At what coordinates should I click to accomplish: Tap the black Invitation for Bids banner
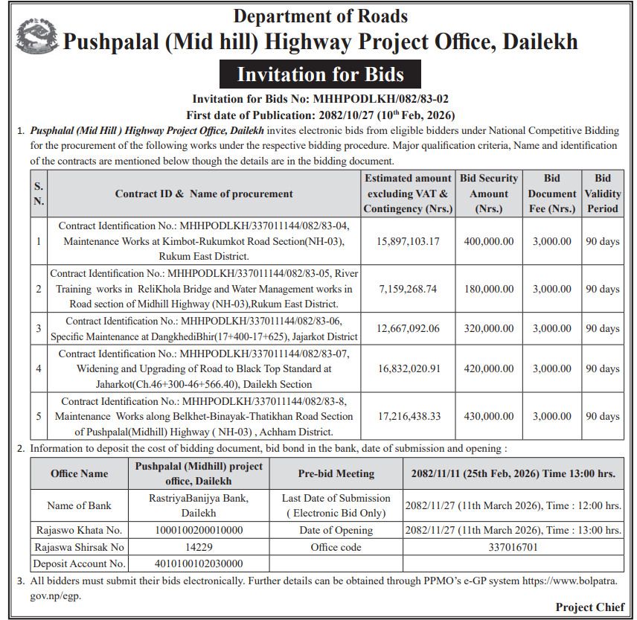click(x=320, y=74)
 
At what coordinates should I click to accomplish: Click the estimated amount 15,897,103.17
click(x=409, y=241)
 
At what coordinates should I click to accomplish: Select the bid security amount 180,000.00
click(x=488, y=289)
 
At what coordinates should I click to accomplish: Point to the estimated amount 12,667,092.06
click(x=409, y=328)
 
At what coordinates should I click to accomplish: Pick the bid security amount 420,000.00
click(x=488, y=368)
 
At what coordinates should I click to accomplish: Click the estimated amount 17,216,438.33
click(x=409, y=415)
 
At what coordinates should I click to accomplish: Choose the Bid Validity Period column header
click(x=603, y=194)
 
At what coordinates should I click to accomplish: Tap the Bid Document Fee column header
click(x=552, y=194)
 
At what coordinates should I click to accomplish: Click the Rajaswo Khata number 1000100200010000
click(x=199, y=530)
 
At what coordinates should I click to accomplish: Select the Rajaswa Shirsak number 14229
click(x=199, y=547)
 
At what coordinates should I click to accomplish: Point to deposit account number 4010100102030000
click(x=199, y=563)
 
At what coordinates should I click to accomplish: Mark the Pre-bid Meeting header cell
click(x=336, y=473)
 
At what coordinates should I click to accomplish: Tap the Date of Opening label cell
click(x=336, y=530)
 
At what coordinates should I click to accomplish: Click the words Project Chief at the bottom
click(x=590, y=607)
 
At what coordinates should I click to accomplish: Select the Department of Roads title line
click(x=320, y=16)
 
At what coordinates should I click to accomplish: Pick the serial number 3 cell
click(x=39, y=328)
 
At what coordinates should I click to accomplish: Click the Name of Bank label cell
click(x=79, y=505)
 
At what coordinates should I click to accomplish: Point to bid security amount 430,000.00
click(x=488, y=415)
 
